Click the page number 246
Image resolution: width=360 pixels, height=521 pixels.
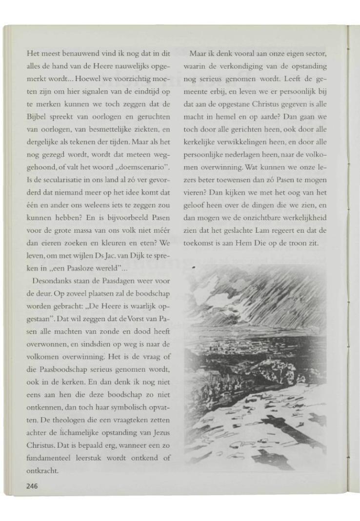pyautogui.click(x=32, y=485)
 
